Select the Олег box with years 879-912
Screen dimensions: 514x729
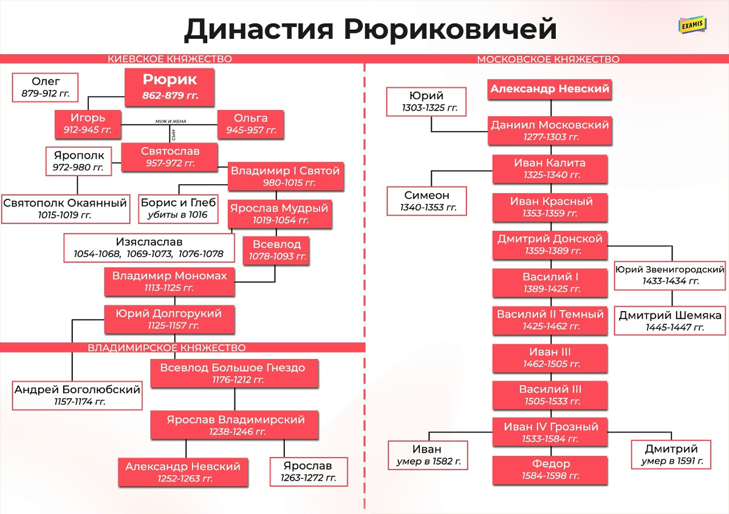tap(46, 87)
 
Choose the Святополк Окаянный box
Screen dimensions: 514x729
tap(65, 208)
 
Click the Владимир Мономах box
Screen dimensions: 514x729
tap(169, 281)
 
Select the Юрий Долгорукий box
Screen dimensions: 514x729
tap(169, 319)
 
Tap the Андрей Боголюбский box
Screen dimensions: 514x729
tap(77, 394)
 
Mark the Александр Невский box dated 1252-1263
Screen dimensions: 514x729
tap(183, 472)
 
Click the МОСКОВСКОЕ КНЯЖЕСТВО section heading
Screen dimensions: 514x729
tap(548, 60)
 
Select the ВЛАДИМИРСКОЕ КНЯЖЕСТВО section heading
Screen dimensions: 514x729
tap(166, 348)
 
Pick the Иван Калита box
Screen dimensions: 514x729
tap(550, 168)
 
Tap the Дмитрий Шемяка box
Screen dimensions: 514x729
tap(669, 320)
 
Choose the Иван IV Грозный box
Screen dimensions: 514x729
tap(550, 432)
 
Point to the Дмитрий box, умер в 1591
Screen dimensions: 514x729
tap(671, 455)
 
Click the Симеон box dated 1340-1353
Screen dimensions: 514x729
tap(427, 200)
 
